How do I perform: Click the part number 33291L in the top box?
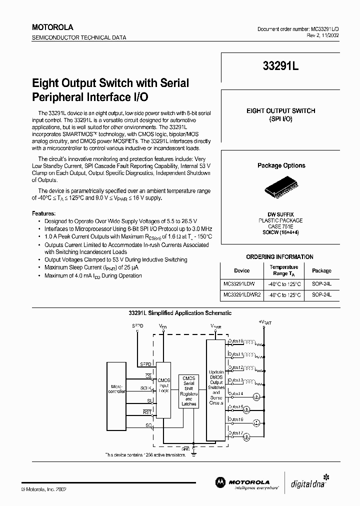click(x=280, y=69)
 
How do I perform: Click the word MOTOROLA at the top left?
click(x=53, y=27)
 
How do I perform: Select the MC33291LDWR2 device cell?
click(x=242, y=295)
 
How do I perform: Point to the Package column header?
click(x=321, y=270)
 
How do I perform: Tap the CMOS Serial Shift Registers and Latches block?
click(x=188, y=391)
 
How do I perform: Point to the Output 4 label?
click(x=236, y=394)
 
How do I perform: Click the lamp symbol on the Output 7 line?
click(x=246, y=436)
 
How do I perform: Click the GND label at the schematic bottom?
click(x=185, y=449)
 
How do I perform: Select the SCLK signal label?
click(x=145, y=387)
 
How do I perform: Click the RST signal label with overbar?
click(x=147, y=412)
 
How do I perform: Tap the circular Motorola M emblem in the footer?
click(x=220, y=481)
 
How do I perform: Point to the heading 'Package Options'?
click(x=281, y=165)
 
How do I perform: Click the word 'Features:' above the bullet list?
click(x=44, y=212)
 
